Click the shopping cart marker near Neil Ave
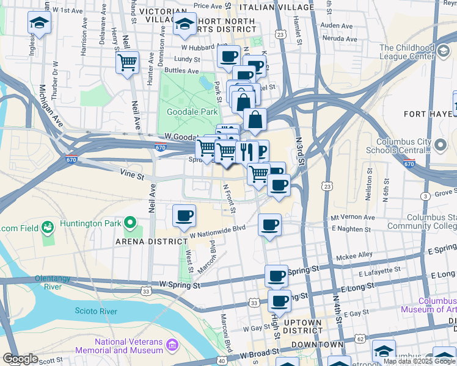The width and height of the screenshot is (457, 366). (127, 62)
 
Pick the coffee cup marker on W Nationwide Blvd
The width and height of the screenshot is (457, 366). (185, 216)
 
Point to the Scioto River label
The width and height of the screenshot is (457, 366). (96, 311)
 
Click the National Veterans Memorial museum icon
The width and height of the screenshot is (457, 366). (172, 346)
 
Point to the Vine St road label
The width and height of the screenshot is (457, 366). (132, 176)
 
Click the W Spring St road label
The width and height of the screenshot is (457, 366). (180, 285)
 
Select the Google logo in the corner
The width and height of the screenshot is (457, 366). (20, 359)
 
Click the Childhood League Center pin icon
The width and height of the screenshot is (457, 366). (440, 52)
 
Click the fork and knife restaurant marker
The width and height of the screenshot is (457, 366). (247, 151)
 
